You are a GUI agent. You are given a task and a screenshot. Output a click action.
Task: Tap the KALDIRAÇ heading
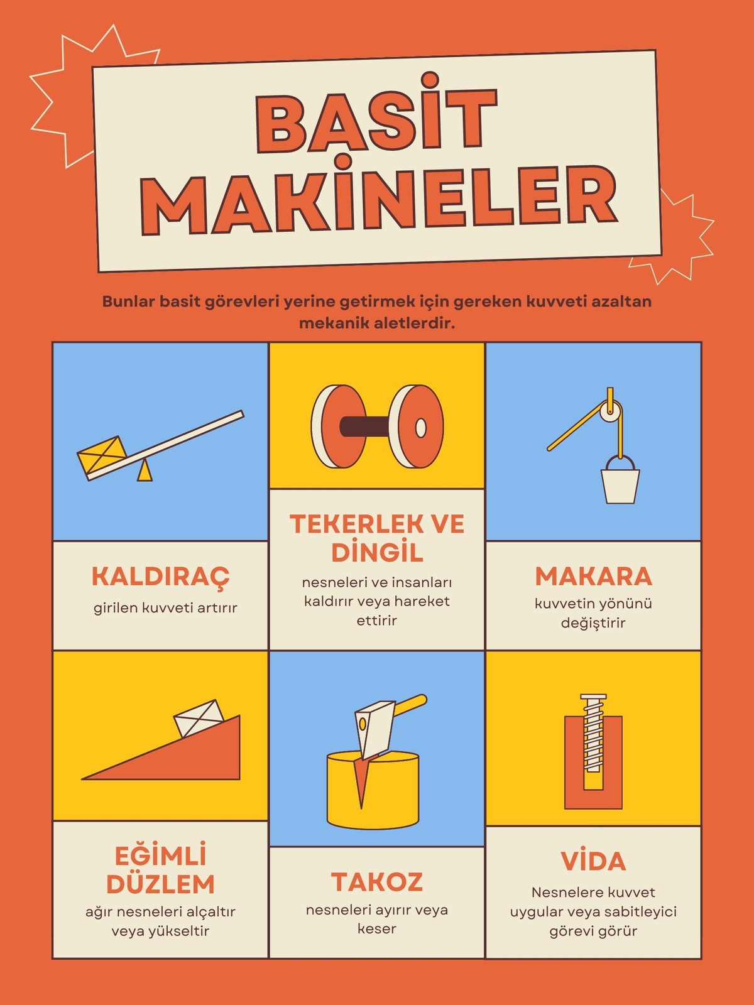tap(161, 575)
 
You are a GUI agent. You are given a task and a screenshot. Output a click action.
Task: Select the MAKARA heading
tap(593, 576)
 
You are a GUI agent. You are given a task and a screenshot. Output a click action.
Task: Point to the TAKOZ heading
tap(377, 881)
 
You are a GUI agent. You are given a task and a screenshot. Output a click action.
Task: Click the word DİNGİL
tap(377, 551)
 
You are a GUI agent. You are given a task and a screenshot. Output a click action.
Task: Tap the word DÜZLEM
tap(161, 884)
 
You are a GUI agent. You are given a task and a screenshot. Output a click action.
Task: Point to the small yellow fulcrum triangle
tap(145, 471)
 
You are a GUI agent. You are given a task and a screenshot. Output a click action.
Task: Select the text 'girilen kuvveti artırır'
tap(165, 608)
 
